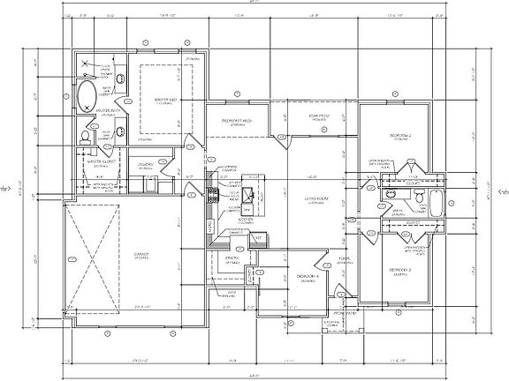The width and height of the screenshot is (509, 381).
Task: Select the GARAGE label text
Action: coord(141,255)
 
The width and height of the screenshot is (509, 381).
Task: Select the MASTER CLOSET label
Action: coord(104,161)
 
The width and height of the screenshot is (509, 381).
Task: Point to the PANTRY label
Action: coord(233,258)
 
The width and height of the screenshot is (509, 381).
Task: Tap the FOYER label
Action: coord(344,258)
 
